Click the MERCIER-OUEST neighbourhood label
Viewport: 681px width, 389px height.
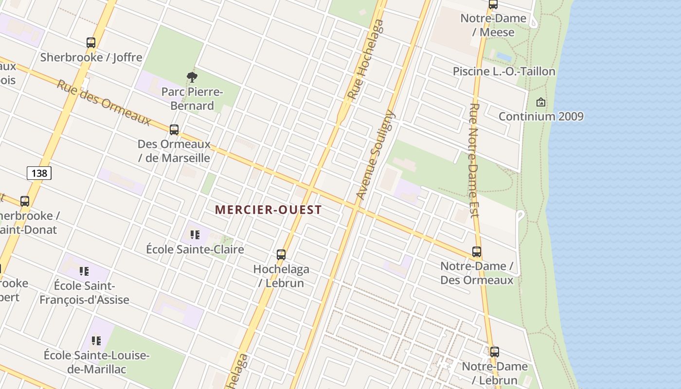pyautogui.click(x=268, y=210)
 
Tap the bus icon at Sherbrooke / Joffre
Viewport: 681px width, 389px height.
pyautogui.click(x=91, y=43)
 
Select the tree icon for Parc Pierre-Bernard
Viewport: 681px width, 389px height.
pyautogui.click(x=192, y=77)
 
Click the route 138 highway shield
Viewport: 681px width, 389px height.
pyautogui.click(x=39, y=173)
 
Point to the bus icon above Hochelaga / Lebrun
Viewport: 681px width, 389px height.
pyautogui.click(x=281, y=254)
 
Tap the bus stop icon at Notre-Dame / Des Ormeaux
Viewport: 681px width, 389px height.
pyautogui.click(x=477, y=252)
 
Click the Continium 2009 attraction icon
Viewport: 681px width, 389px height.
pyautogui.click(x=540, y=102)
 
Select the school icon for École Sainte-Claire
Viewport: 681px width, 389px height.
pyautogui.click(x=195, y=235)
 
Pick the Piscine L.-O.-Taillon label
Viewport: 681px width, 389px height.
pyautogui.click(x=504, y=71)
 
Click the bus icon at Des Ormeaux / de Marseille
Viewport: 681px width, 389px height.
pyautogui.click(x=174, y=130)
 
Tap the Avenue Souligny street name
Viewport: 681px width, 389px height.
pyautogui.click(x=375, y=155)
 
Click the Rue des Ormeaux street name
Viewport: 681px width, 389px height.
pyautogui.click(x=104, y=102)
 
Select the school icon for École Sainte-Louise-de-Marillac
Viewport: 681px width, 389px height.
pyautogui.click(x=96, y=341)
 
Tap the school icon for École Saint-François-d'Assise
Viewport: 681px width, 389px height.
pyautogui.click(x=84, y=271)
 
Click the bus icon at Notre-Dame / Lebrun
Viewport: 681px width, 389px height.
pyautogui.click(x=495, y=352)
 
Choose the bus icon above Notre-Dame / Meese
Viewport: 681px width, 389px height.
pyautogui.click(x=493, y=5)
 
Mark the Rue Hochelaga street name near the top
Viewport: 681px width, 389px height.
pyautogui.click(x=366, y=60)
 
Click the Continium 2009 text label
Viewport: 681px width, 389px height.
pyautogui.click(x=541, y=117)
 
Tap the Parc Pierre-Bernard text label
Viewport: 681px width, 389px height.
pyautogui.click(x=192, y=99)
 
